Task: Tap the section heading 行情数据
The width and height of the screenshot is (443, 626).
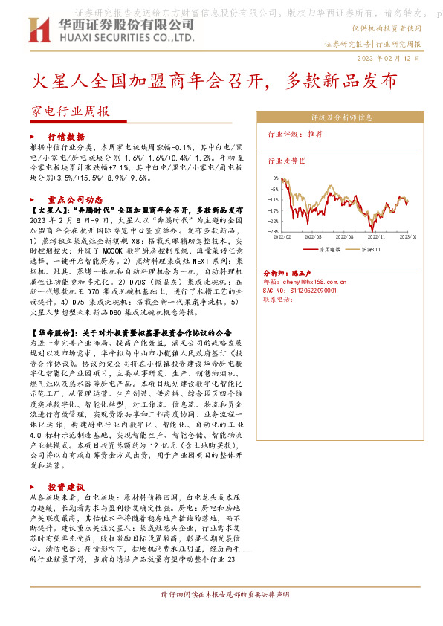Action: point(65,138)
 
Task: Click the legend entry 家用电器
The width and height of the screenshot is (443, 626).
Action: point(328,251)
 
